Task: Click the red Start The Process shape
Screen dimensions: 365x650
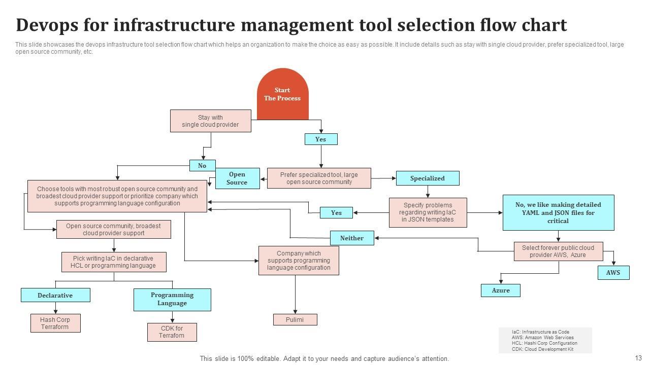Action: click(x=282, y=94)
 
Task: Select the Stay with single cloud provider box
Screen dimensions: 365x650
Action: click(x=210, y=121)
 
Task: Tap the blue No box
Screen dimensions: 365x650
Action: click(x=202, y=165)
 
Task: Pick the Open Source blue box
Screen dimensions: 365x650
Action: click(x=237, y=178)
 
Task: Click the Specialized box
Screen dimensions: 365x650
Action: click(x=427, y=178)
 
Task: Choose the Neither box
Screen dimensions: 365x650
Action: click(x=352, y=238)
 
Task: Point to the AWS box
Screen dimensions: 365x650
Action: click(x=613, y=273)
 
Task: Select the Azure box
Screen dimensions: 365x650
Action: click(x=500, y=290)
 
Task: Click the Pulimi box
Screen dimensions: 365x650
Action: click(x=295, y=319)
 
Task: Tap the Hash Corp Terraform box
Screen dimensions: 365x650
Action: click(x=55, y=323)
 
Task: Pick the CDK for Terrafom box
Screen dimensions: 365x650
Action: click(x=172, y=332)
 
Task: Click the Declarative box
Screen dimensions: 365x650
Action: click(x=55, y=295)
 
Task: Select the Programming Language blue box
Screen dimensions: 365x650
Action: click(x=172, y=299)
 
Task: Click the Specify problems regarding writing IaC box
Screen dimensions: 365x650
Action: click(x=428, y=212)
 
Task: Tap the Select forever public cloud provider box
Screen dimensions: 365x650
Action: click(x=558, y=251)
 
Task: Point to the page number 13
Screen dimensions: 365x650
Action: click(x=638, y=358)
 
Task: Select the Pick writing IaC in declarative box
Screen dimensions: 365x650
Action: click(x=113, y=262)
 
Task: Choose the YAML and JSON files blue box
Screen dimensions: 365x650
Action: click(x=558, y=213)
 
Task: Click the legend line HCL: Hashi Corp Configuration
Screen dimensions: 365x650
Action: click(x=544, y=343)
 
